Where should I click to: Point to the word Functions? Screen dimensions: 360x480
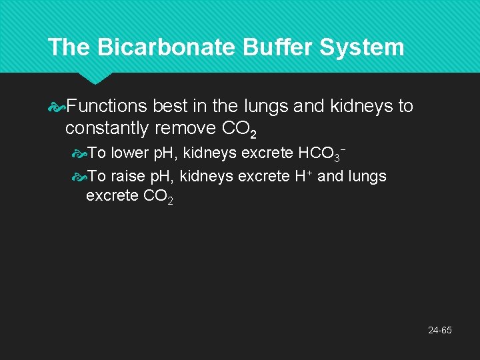107,106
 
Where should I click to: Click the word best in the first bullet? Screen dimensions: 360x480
169,106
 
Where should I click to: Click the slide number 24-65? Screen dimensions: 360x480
441,330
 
